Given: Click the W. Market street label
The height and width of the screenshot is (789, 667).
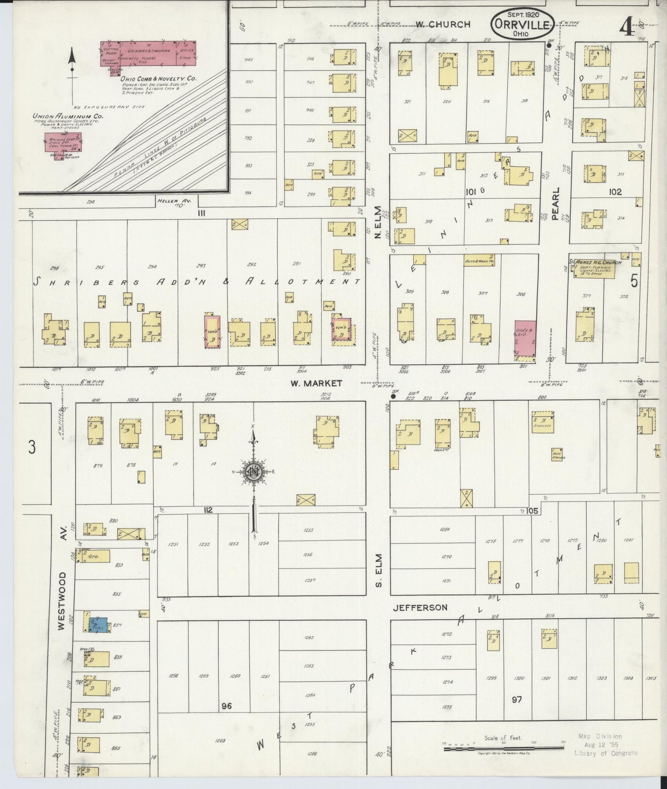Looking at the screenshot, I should [x=316, y=383].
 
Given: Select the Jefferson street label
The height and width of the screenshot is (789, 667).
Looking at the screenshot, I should [x=420, y=607].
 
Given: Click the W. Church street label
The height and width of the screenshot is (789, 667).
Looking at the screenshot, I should [x=442, y=24].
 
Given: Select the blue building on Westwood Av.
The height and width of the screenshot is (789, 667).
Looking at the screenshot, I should [x=100, y=625].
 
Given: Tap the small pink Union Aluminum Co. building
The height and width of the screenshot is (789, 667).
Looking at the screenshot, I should [x=62, y=143].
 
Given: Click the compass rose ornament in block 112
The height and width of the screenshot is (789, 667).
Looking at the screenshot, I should [x=253, y=472].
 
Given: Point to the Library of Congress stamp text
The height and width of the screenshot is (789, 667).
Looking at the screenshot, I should [x=605, y=753].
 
